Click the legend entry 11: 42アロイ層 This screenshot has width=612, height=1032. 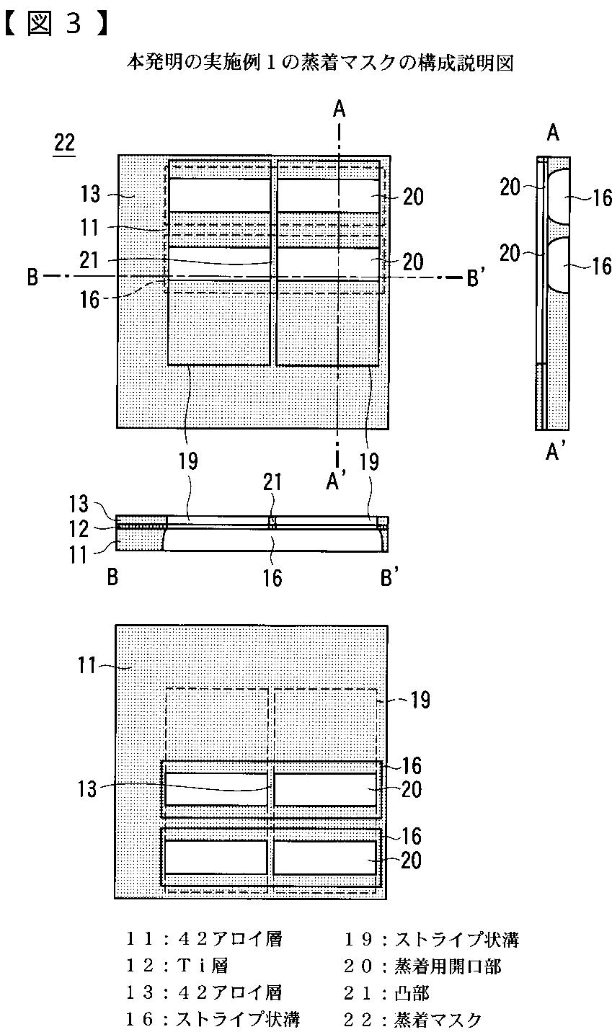point(203,939)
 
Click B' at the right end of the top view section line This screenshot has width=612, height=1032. point(473,277)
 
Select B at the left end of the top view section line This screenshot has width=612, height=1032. point(32,277)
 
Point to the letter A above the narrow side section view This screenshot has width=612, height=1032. point(554,133)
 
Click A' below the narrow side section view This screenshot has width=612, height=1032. point(555,452)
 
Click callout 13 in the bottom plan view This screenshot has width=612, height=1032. point(87,789)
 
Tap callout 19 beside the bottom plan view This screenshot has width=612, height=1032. point(420,699)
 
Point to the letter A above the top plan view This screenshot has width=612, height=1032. point(340,109)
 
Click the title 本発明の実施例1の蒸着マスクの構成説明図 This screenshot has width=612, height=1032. point(320,63)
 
